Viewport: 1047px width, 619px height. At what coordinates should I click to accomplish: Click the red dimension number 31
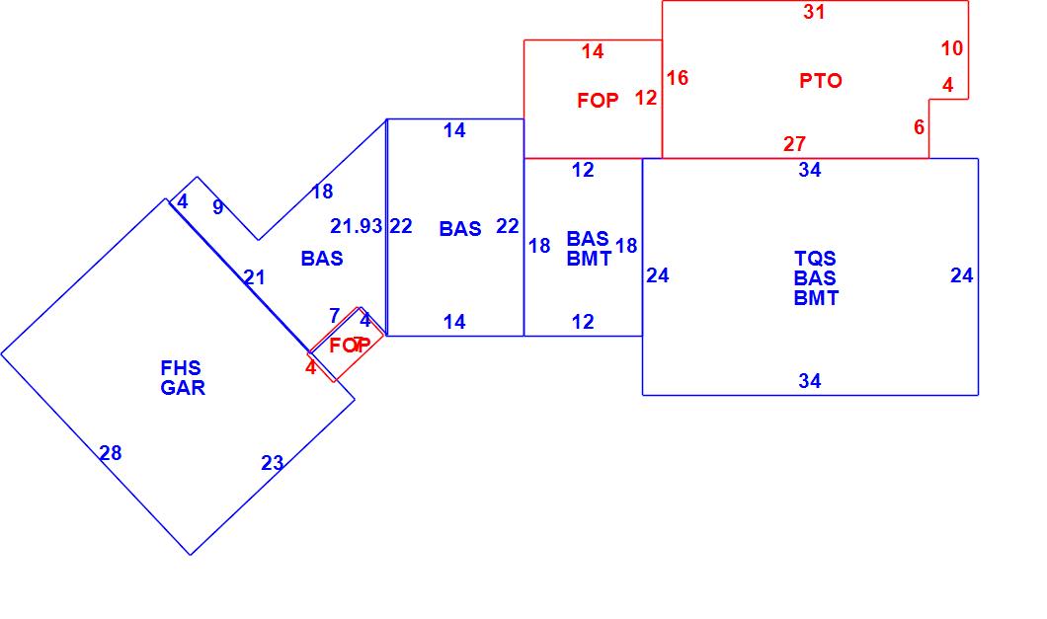tap(814, 13)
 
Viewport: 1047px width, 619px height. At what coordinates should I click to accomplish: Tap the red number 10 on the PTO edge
tap(951, 48)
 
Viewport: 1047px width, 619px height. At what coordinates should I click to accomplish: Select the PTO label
tap(821, 81)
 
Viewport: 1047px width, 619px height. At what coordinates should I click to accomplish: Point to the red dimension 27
tap(794, 144)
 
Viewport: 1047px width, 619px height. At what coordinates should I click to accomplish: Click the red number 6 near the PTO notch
tap(919, 127)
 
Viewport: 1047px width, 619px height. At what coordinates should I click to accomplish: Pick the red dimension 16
tap(677, 78)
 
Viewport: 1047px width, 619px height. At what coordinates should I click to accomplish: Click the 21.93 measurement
tap(356, 226)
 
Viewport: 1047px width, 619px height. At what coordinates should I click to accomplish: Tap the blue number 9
tap(217, 207)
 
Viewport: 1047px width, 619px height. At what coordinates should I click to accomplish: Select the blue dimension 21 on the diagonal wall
tap(254, 277)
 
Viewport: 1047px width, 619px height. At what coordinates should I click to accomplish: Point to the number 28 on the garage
tap(111, 453)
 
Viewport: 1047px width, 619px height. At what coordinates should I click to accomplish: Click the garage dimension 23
tap(273, 463)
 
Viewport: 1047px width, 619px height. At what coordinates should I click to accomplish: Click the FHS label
tap(181, 368)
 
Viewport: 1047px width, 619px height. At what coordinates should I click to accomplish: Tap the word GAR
tap(183, 388)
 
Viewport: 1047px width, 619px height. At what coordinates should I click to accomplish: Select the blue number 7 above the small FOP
tap(334, 316)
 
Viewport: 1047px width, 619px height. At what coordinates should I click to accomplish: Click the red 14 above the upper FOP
tap(592, 52)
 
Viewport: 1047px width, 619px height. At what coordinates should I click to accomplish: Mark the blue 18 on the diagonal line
tap(322, 192)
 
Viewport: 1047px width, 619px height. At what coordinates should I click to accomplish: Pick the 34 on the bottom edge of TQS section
tap(809, 381)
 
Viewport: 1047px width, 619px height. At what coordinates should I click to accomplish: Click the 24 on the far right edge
tap(961, 276)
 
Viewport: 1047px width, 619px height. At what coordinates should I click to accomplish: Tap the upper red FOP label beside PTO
tap(598, 101)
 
